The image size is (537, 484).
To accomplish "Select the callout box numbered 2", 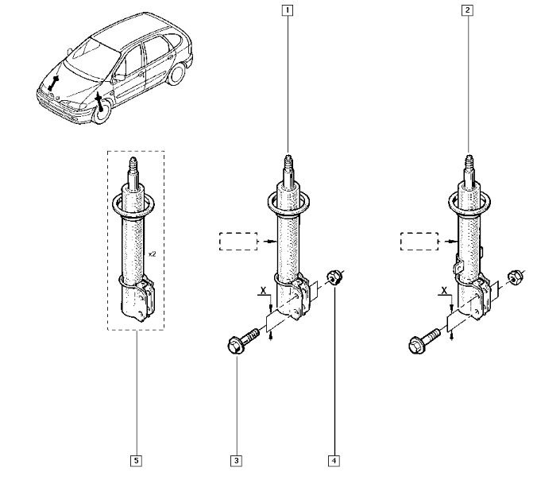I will (468, 11).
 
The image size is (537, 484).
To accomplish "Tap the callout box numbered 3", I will (236, 459).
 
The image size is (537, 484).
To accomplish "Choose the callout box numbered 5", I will (136, 459).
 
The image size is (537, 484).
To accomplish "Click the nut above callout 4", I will (334, 277).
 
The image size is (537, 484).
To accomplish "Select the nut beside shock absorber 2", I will (515, 277).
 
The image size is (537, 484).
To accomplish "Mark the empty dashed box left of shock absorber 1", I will (238, 242).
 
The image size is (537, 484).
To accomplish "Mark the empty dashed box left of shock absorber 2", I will (419, 242).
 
